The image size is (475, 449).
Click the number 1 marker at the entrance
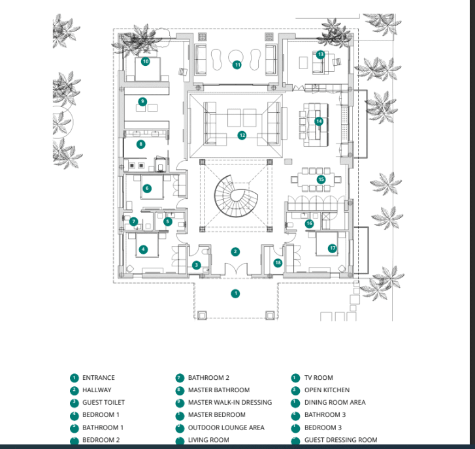pos(236,294)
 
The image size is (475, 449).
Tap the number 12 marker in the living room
pos(242,136)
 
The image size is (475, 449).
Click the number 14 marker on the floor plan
pos(319,121)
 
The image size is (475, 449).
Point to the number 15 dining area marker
pos(321,179)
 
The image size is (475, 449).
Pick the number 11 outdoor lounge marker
pos(237,65)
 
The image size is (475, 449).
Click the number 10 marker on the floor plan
pos(145,61)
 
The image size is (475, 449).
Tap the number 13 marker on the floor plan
pos(320,54)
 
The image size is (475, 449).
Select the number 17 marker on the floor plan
pos(333,248)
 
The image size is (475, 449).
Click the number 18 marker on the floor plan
pos(278,262)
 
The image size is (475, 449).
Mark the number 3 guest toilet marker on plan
pos(196,265)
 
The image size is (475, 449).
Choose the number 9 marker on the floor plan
pos(142,101)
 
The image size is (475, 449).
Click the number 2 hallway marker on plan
pos(236,251)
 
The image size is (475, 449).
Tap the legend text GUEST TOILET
pos(103,403)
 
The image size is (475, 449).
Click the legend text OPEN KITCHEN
pos(327,390)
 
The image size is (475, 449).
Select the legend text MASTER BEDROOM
pos(216,415)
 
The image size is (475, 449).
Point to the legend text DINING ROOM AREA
pos(335,403)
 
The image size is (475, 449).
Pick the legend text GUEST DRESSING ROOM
pos(340,440)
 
